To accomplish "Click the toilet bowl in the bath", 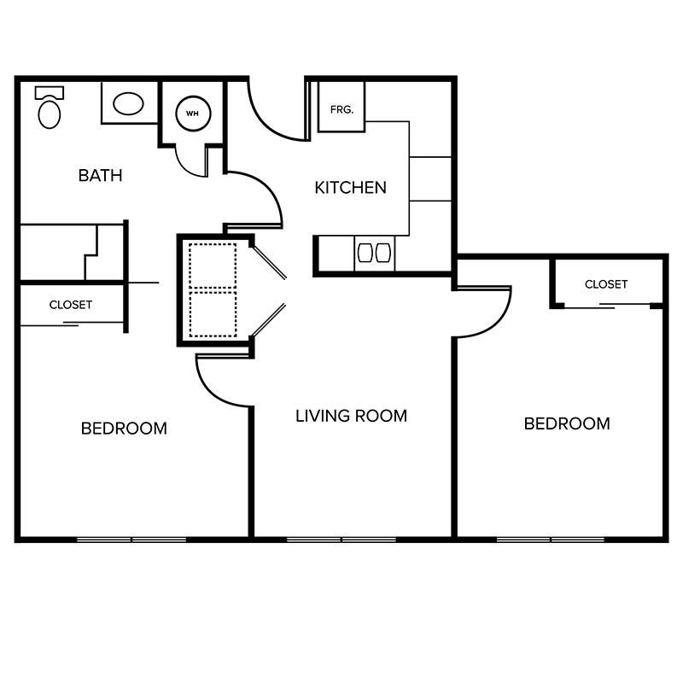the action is point(50,114).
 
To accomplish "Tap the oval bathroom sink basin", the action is point(128,103).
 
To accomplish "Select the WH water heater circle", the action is point(193,114).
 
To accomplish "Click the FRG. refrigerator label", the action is point(341,110).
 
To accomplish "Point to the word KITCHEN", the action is point(351,188).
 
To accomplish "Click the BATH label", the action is point(100,176).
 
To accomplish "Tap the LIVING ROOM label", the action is point(351,416).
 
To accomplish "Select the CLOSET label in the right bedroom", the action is point(606,284).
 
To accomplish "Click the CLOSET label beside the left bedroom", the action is point(71,305).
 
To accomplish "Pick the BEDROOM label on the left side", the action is point(124,429).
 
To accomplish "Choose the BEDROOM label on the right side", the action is point(567,423).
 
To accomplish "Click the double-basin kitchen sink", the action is point(374,253).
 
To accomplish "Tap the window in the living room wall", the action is point(341,540).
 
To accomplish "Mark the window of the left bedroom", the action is point(131,540).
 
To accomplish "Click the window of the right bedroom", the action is point(551,540).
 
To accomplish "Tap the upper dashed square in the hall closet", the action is point(213,266).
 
